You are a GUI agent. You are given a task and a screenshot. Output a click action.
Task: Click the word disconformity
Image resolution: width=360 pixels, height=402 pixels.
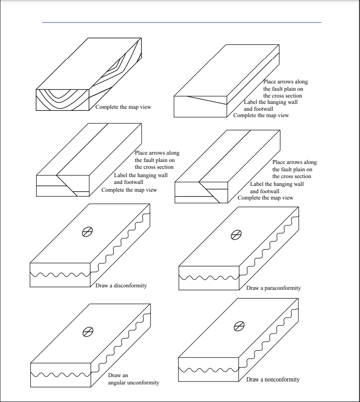point(130,285)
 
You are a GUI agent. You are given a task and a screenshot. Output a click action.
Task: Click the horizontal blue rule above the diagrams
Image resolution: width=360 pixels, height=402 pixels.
point(182,22)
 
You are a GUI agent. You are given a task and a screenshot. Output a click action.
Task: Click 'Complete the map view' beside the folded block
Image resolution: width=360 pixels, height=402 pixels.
point(123,107)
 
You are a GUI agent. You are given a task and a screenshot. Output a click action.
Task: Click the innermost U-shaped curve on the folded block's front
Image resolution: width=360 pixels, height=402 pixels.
point(63,94)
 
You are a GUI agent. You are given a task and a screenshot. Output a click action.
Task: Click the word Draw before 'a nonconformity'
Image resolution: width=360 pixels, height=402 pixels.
point(253,380)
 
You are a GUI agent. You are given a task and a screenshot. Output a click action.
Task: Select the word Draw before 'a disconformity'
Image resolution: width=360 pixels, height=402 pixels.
point(102,285)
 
